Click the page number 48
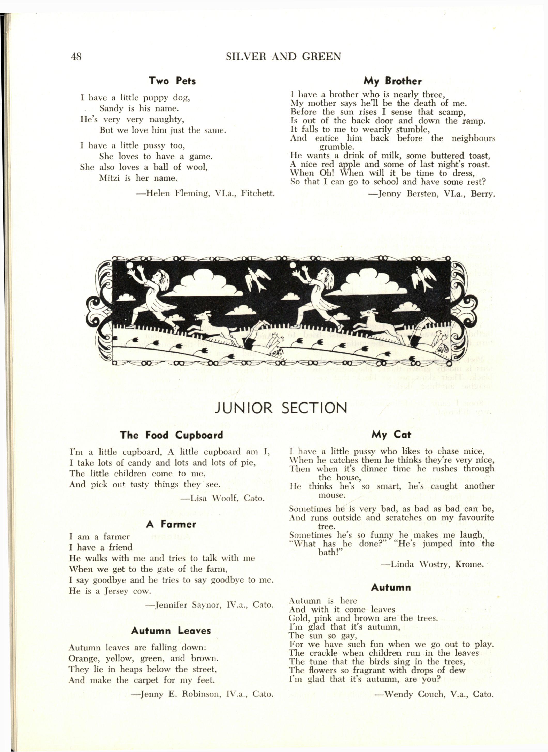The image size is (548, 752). pyautogui.click(x=76, y=57)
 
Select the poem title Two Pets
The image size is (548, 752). pyautogui.click(x=172, y=81)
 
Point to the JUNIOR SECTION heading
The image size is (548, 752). pyautogui.click(x=281, y=408)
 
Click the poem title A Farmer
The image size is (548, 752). pyautogui.click(x=171, y=524)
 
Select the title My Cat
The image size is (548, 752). pyautogui.click(x=391, y=435)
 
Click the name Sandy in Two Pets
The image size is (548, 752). pyautogui.click(x=111, y=108)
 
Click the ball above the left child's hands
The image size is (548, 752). pyautogui.click(x=130, y=266)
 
